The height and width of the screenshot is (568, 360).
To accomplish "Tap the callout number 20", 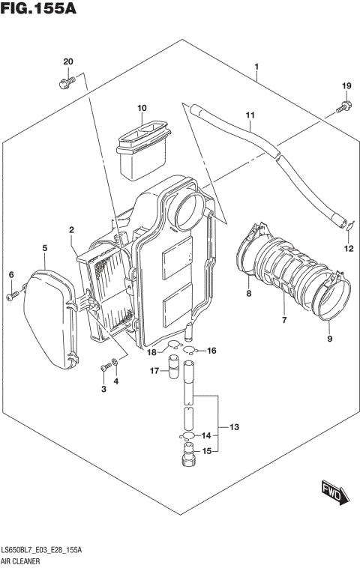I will [x=67, y=61].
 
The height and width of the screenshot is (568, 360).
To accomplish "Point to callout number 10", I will [x=141, y=109].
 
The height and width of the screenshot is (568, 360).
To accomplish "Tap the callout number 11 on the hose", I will [x=250, y=115].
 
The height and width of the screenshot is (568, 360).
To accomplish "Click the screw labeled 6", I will [x=11, y=297].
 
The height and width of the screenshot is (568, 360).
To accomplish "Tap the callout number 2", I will [x=71, y=229].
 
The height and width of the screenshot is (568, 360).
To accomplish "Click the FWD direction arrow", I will [x=331, y=491].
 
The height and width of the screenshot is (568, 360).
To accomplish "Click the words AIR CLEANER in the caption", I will [x=24, y=560].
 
